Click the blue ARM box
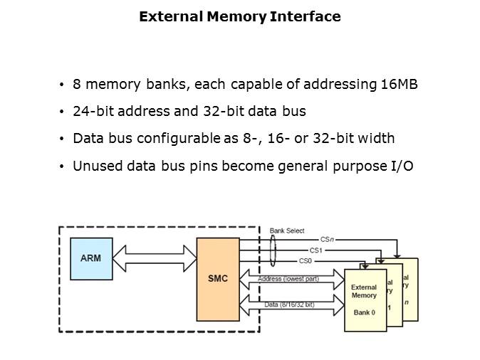tap(91, 258)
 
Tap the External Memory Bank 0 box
tap(365, 300)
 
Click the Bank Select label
tap(287, 231)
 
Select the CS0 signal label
tap(306, 260)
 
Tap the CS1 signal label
tap(315, 250)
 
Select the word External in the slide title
tap(165, 16)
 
